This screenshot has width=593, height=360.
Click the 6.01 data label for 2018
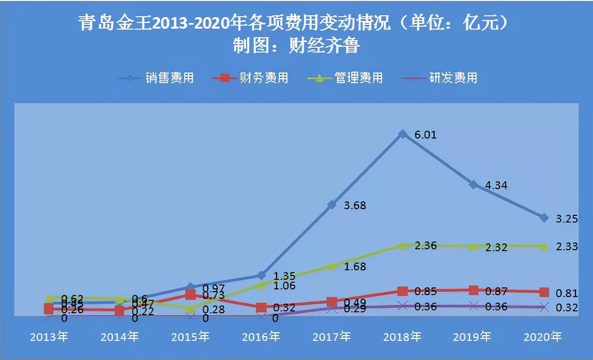click(x=425, y=135)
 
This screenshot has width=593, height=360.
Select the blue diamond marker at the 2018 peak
click(x=402, y=134)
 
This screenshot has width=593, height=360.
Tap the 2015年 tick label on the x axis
click(x=191, y=337)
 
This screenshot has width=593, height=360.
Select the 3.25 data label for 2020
click(x=567, y=219)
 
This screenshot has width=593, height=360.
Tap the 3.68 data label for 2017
click(x=354, y=205)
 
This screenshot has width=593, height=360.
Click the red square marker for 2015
click(x=190, y=295)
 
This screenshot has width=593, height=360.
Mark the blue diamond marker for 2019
click(x=473, y=184)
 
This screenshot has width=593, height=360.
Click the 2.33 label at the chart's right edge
click(x=567, y=246)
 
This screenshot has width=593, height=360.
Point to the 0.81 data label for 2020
click(x=567, y=293)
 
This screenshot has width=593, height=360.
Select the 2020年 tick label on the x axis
click(x=543, y=337)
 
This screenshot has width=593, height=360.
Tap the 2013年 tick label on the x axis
click(x=49, y=337)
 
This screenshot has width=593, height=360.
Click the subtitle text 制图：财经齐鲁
click(x=296, y=46)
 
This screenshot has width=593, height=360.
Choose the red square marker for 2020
click(x=543, y=292)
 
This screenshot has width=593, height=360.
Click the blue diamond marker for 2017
click(x=332, y=205)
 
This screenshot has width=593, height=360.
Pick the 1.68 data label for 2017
click(x=354, y=266)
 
